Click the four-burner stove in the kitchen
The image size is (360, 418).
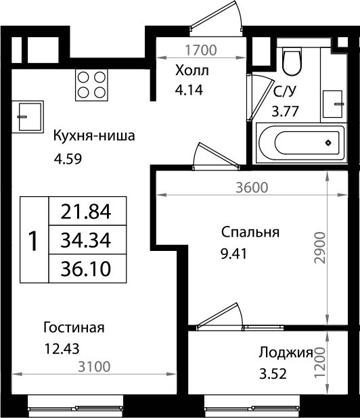pos(91,85)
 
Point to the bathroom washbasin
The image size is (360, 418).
pos(334,102)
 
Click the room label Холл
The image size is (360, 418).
pos(192,70)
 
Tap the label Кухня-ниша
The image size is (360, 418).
pos(95,136)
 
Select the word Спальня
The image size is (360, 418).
pos(250,233)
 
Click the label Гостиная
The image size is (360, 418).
pos(74,328)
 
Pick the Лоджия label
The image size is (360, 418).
pos(285,352)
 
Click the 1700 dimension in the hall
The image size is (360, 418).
pos(200,49)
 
